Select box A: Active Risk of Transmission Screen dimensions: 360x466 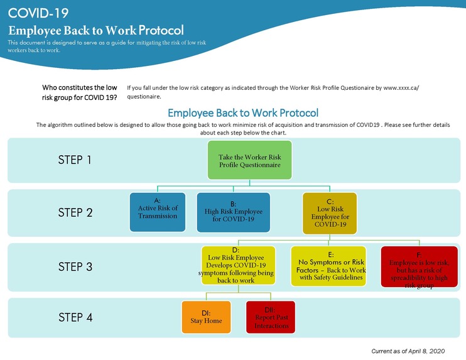pos(158,212)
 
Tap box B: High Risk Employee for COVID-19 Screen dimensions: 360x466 pos(233,212)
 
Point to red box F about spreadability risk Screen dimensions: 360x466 pos(420,266)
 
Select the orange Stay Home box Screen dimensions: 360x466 pos(206,317)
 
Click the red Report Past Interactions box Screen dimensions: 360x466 pos(270,317)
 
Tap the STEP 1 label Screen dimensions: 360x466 pos(75,160)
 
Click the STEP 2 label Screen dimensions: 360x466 pos(75,212)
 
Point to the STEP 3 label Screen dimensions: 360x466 pos(75,266)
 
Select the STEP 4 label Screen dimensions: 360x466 pos(75,317)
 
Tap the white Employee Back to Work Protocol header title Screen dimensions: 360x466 pos(95,30)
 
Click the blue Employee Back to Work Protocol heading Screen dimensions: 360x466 pos(242,113)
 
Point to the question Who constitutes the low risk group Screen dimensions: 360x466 pos(80,92)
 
